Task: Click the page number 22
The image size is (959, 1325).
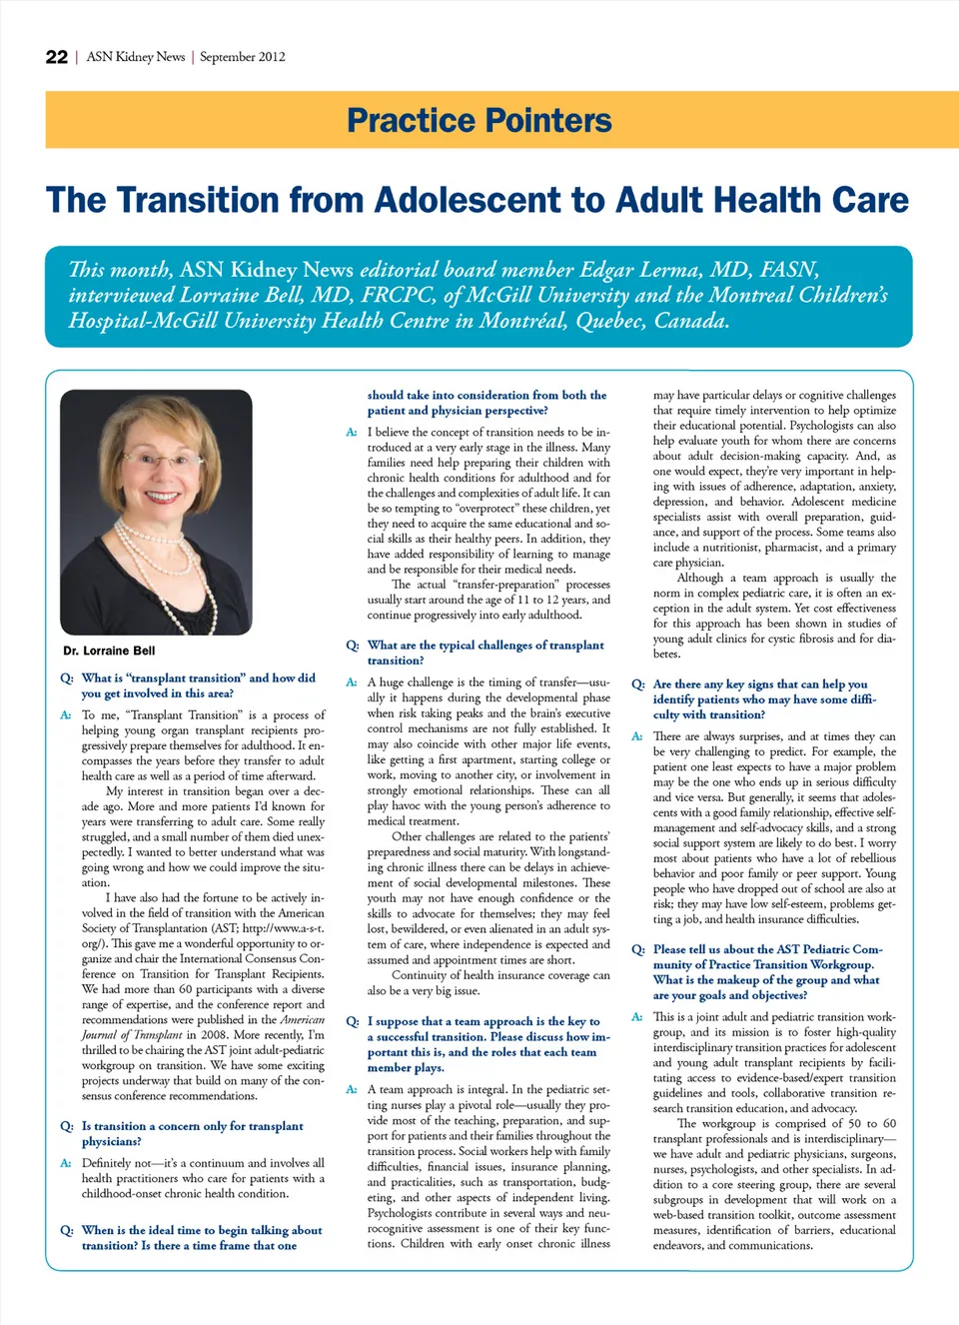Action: (57, 57)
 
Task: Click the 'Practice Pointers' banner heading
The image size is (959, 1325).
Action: (479, 121)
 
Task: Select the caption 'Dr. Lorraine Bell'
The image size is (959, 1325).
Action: (109, 651)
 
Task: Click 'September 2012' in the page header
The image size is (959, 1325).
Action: (243, 57)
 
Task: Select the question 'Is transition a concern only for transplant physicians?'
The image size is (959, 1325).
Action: (192, 1133)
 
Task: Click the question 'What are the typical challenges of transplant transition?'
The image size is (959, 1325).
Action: (484, 653)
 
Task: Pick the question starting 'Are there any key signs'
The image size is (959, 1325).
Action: (764, 698)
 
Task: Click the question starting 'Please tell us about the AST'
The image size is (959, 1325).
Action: (767, 972)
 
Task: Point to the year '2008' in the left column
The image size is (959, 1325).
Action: (205, 1034)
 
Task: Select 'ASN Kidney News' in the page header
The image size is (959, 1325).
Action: (136, 57)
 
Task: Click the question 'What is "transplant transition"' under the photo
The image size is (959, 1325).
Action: (198, 685)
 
